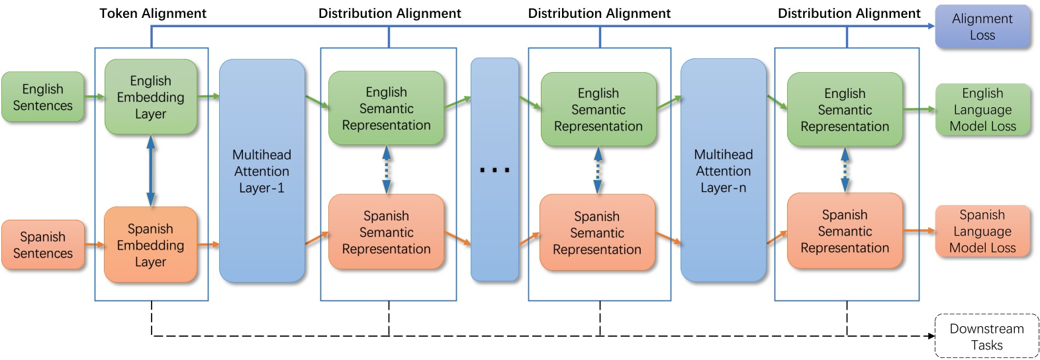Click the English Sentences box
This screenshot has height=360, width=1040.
click(x=43, y=97)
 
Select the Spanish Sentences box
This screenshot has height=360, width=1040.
click(x=43, y=245)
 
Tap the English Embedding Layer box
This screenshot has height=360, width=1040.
click(x=151, y=97)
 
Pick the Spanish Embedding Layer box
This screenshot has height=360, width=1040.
click(x=151, y=245)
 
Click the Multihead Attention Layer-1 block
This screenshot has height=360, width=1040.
click(x=261, y=171)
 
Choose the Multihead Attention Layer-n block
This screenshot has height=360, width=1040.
click(x=723, y=171)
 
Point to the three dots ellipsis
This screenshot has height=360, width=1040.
click(x=495, y=170)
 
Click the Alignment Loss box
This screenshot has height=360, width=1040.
click(x=982, y=27)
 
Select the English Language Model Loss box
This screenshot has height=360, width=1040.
click(x=982, y=110)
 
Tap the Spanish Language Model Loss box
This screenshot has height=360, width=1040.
click(x=982, y=232)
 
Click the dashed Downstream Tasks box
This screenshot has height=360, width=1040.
click(x=986, y=336)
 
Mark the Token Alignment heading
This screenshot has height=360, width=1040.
click(x=153, y=13)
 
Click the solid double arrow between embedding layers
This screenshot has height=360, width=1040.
click(x=151, y=171)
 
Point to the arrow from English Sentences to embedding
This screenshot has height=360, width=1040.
click(x=94, y=97)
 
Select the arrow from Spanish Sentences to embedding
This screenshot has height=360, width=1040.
click(x=94, y=245)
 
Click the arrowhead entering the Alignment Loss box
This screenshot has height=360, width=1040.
click(x=930, y=27)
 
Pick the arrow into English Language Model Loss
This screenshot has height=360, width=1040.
click(x=920, y=109)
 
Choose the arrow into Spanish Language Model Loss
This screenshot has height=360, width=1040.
click(x=920, y=231)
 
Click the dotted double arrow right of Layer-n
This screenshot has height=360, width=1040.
click(x=845, y=169)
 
